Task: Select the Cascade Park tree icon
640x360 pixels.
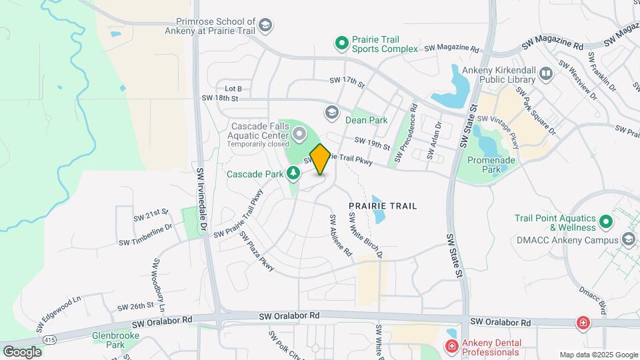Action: (293, 174)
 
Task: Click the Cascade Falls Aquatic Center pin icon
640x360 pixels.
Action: (299, 135)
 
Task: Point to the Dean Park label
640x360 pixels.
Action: (366, 121)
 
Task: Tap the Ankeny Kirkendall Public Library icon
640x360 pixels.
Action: (546, 73)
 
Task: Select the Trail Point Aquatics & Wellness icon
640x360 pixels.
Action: (606, 221)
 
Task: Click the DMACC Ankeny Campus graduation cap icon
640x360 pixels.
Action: (627, 239)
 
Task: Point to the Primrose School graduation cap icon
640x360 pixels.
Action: (265, 26)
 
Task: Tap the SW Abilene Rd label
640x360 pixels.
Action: (340, 236)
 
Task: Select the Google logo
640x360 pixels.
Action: (22, 351)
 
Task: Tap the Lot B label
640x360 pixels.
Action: (233, 89)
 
